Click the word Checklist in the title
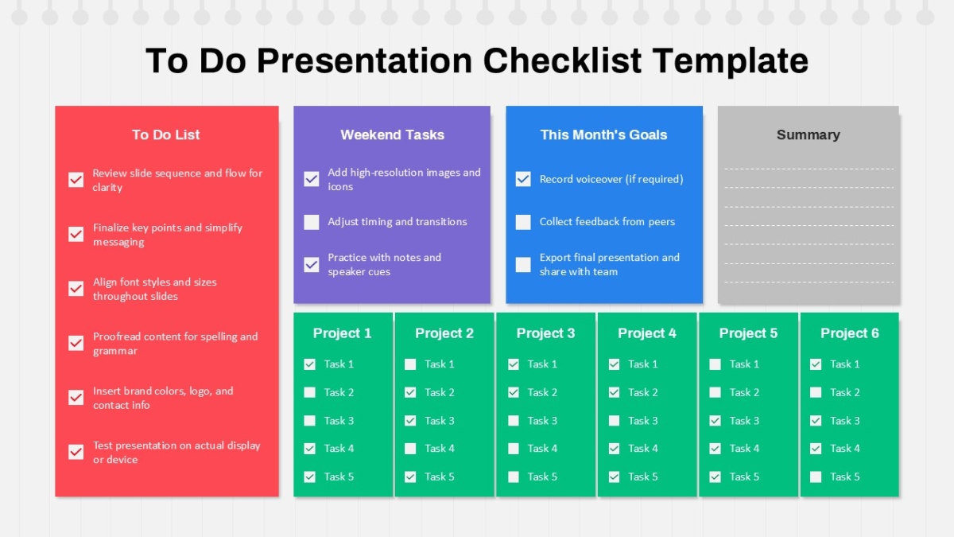click(562, 60)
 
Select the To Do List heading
click(165, 134)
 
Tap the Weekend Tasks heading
click(392, 134)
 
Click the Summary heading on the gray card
click(809, 134)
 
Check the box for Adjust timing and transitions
click(312, 222)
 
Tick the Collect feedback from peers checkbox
click(523, 222)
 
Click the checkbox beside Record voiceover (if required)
click(523, 179)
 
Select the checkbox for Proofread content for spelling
click(76, 343)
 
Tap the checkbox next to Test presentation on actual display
click(76, 452)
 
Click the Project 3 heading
click(545, 333)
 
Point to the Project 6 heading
click(850, 333)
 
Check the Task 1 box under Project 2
click(410, 364)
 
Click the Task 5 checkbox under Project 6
click(816, 477)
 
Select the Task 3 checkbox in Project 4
click(614, 421)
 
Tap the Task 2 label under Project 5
click(744, 392)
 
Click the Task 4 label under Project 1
click(339, 449)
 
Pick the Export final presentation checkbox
click(523, 265)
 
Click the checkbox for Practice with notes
click(312, 265)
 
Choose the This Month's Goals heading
click(603, 134)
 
